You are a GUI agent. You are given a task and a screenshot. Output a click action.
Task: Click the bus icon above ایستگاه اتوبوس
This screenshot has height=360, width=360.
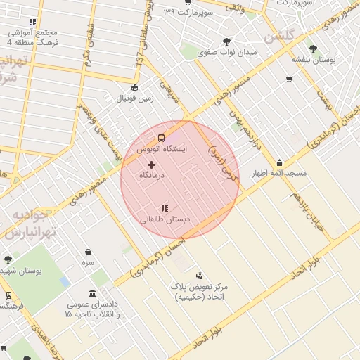coord(162,138)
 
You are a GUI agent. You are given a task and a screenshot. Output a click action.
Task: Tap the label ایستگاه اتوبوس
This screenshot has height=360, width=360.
coord(162,150)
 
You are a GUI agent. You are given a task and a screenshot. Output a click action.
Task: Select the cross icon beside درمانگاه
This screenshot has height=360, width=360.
coord(151,165)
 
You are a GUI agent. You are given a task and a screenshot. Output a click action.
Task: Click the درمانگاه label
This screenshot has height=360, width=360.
coord(151,175)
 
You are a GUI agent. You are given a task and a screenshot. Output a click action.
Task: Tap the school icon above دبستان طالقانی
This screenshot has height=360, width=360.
coord(165,208)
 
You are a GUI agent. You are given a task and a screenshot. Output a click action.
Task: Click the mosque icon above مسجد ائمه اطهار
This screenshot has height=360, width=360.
coord(279,163)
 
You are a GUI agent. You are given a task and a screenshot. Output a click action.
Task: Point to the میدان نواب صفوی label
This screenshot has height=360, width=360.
coord(227,52)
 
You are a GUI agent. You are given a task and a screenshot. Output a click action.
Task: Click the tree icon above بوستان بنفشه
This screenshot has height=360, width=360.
coord(313,49)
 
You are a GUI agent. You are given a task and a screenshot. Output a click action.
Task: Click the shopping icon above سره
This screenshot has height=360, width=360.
coord(88,252)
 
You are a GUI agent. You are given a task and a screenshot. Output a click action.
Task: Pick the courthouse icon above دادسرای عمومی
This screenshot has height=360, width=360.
coord(93,293)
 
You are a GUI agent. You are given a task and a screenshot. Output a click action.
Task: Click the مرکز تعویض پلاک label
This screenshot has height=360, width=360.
coord(199,287)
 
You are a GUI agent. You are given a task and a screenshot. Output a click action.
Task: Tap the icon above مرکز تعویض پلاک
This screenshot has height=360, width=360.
coord(199,276)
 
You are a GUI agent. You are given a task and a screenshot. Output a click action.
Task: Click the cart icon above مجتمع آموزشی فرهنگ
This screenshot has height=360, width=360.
coord(33,22)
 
